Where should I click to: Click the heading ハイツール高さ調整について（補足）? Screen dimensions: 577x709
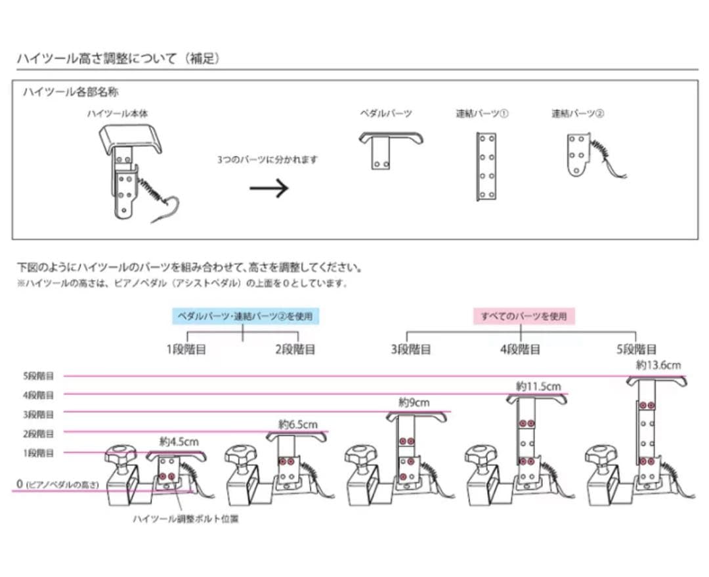click(x=118, y=58)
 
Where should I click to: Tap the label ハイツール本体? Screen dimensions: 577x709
click(x=118, y=114)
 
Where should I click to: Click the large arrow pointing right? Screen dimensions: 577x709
click(x=269, y=189)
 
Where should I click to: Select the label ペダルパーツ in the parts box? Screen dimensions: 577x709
click(x=385, y=114)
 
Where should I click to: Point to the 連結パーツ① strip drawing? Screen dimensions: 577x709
click(x=486, y=166)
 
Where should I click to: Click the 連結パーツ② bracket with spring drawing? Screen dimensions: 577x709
click(x=586, y=156)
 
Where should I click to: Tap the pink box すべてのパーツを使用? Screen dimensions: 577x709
click(x=523, y=316)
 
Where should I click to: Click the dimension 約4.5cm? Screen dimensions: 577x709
click(x=179, y=442)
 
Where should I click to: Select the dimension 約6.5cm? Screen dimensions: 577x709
click(x=297, y=424)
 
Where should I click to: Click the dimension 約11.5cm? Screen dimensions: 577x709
click(x=538, y=386)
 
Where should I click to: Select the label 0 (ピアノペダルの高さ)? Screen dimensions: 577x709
click(x=57, y=484)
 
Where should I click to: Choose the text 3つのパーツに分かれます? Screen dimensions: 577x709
click(x=268, y=160)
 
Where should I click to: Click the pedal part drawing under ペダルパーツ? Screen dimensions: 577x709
click(x=390, y=150)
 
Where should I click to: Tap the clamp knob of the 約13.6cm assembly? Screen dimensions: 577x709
click(x=599, y=453)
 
